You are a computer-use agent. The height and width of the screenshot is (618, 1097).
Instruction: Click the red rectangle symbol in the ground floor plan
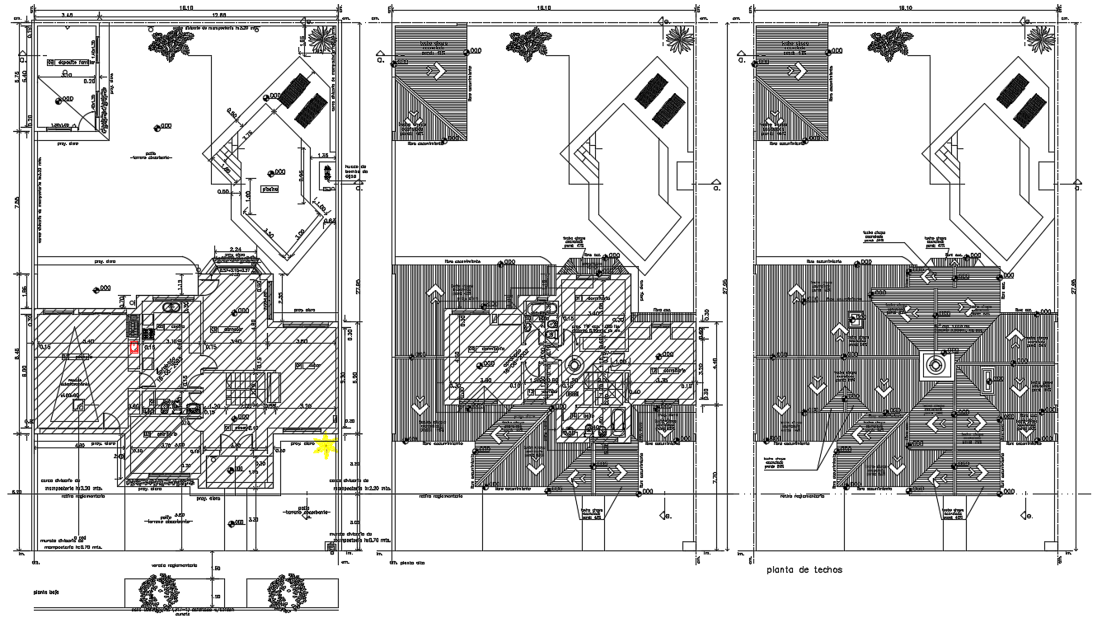134,348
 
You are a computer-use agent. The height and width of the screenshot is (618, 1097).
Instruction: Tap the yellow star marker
327,446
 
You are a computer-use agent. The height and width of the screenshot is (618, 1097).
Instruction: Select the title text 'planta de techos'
804,570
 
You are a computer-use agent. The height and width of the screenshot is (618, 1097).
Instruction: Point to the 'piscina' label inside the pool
270,189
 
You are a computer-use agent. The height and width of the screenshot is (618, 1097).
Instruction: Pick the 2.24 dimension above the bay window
234,249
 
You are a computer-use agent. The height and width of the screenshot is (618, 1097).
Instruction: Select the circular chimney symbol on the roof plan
935,363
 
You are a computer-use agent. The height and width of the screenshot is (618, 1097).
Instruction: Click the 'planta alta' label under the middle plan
407,562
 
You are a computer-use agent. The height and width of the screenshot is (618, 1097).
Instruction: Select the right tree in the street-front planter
287,591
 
